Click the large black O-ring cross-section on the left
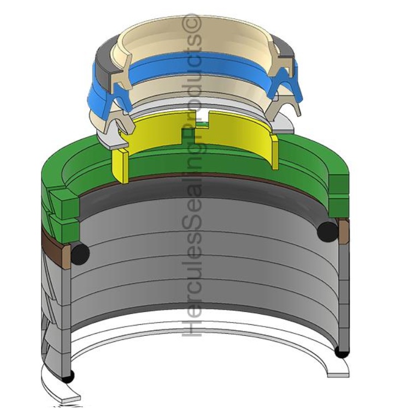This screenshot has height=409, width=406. tap(80, 252)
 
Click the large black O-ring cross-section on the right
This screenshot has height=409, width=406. tap(327, 231)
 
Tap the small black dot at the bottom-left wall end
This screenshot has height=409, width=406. tap(68, 376)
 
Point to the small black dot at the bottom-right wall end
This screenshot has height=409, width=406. tap(342, 352)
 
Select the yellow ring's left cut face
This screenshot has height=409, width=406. tap(120, 165)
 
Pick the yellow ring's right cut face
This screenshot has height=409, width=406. tap(274, 152)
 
